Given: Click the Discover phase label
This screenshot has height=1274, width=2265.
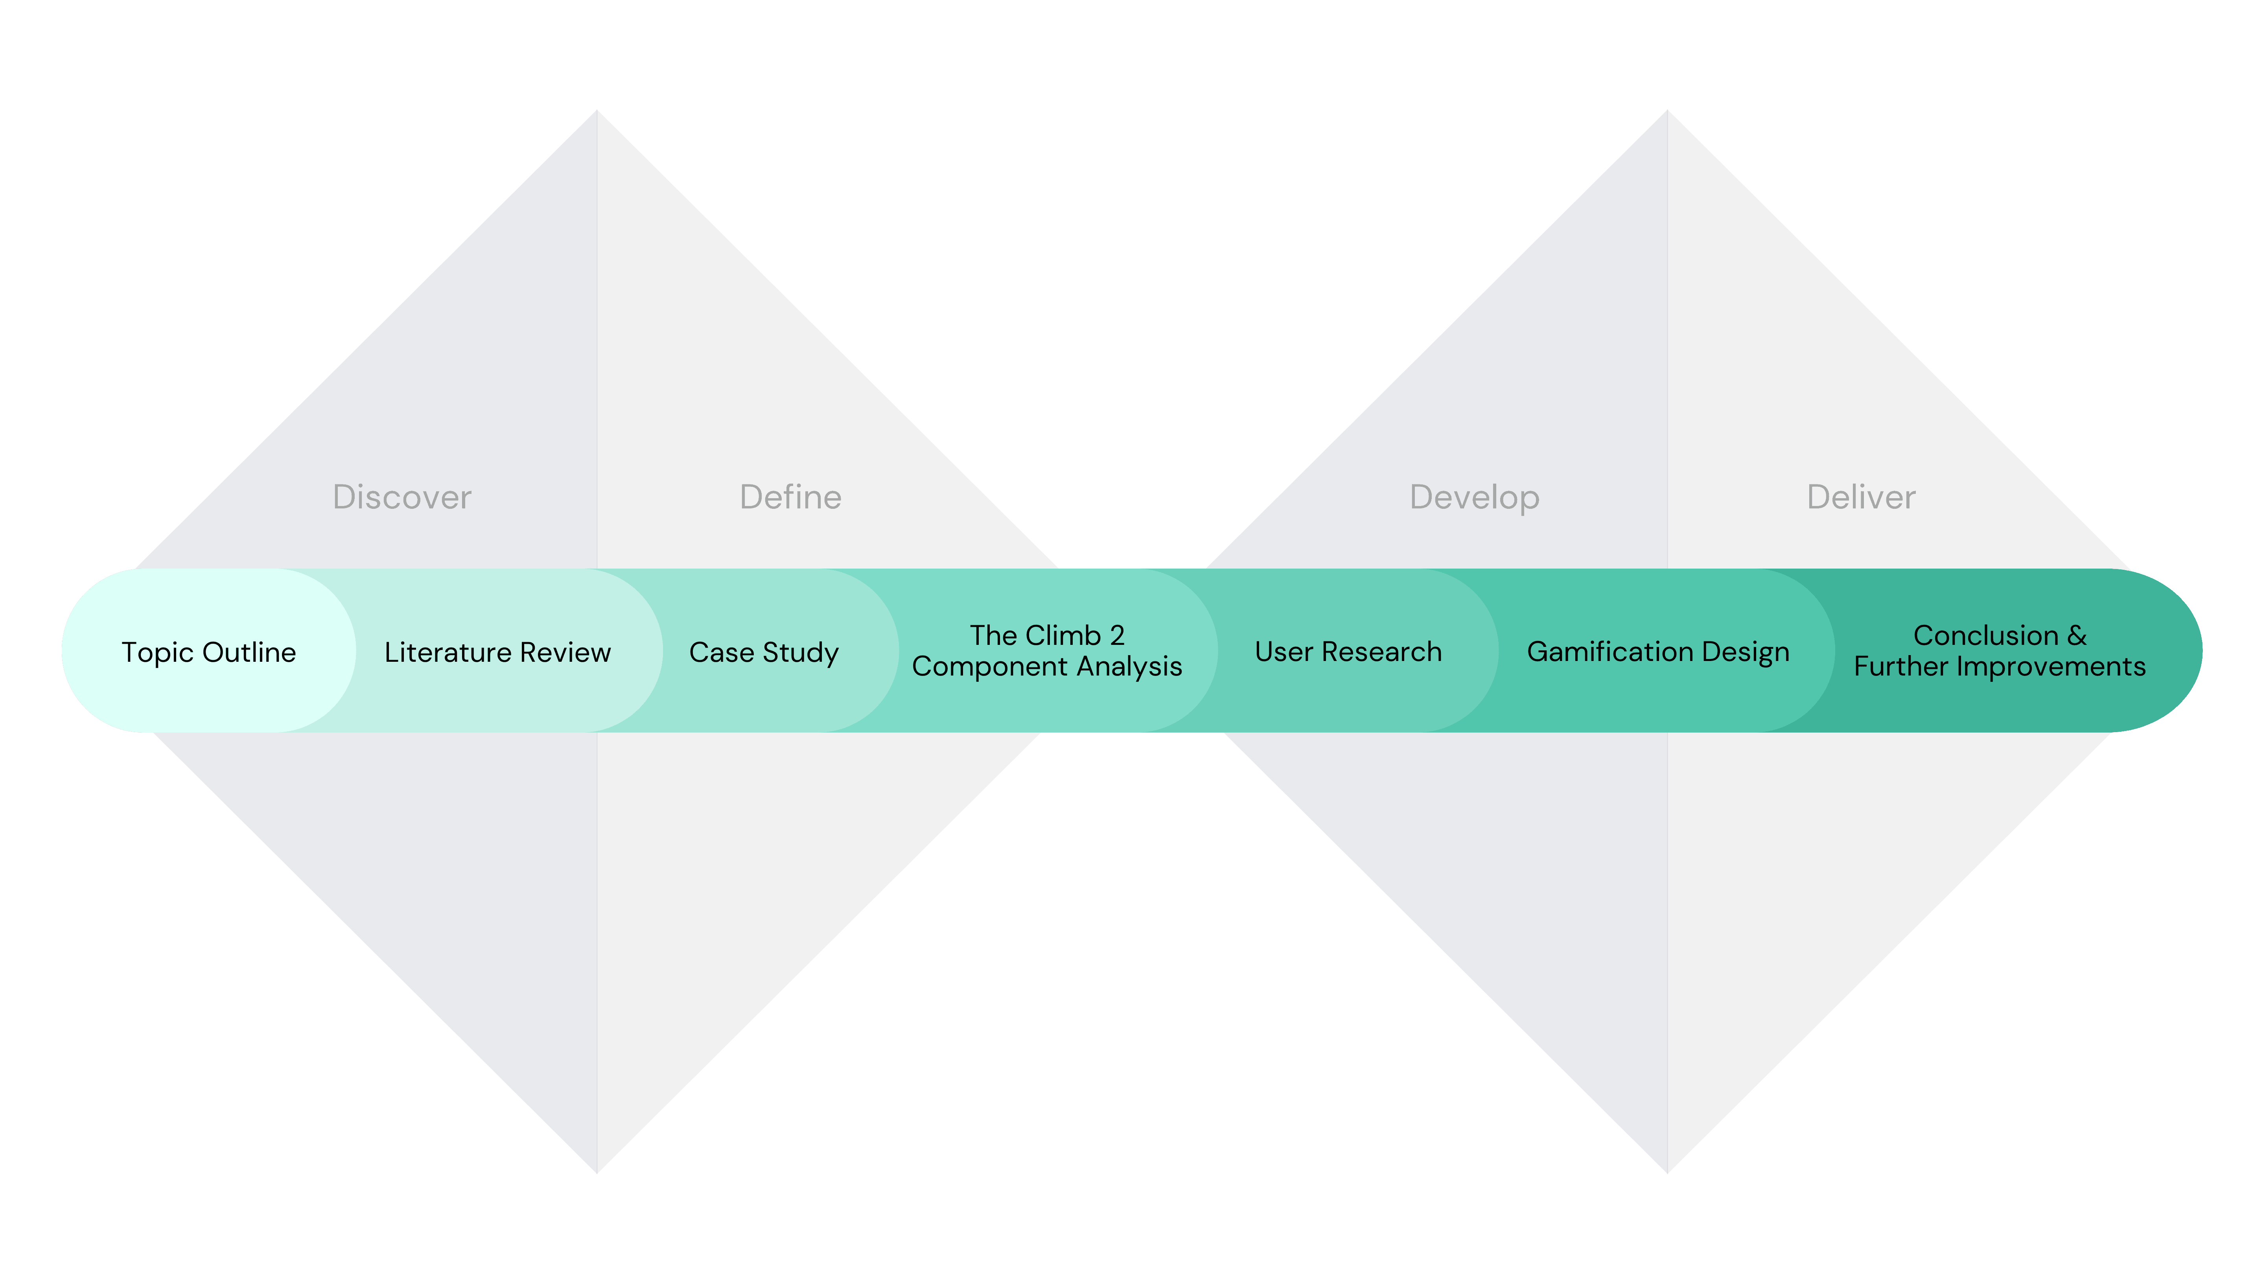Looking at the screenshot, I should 402,498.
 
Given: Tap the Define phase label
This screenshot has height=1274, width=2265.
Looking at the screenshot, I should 790,498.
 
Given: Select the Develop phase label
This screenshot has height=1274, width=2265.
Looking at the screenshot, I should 1475,498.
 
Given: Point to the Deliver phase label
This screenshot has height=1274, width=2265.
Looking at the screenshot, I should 1860,498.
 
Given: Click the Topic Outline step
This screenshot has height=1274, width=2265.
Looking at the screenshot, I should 208,652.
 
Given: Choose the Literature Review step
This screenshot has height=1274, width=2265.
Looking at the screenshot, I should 497,652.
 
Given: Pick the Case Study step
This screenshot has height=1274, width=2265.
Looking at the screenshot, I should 763,652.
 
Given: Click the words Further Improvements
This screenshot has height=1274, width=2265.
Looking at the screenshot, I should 2000,666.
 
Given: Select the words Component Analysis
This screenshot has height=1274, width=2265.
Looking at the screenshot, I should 1046,666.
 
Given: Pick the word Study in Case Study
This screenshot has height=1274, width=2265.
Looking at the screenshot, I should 801,652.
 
